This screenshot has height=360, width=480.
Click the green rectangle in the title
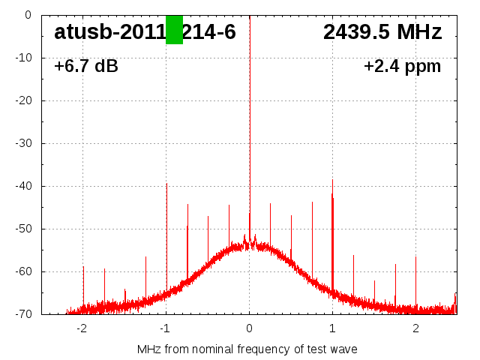174,30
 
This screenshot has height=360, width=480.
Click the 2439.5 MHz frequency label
382,32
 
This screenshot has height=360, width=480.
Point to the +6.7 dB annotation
86,67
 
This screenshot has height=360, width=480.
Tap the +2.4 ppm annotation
402,67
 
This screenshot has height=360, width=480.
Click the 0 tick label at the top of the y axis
27,15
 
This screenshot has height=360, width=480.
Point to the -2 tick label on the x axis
82,328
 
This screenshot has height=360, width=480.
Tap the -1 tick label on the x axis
165,328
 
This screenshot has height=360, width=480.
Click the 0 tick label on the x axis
249,328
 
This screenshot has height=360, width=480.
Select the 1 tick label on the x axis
332,328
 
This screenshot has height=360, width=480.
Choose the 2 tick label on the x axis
415,328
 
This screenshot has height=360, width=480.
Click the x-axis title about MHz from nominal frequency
247,349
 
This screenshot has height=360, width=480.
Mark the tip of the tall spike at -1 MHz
166,183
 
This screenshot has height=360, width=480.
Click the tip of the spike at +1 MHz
332,180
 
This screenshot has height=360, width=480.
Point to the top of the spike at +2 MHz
415,257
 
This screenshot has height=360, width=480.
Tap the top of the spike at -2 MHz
83,266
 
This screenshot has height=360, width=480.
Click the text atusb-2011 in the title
109,32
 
